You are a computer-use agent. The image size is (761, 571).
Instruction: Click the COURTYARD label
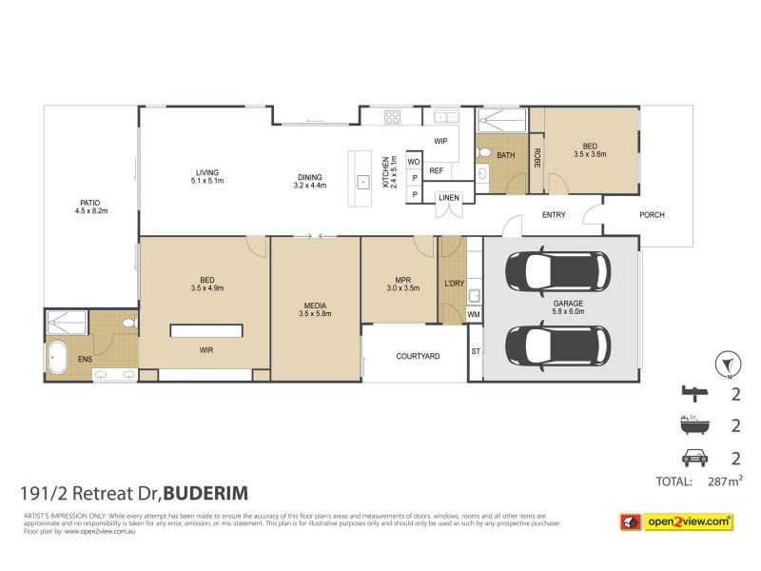point(417,356)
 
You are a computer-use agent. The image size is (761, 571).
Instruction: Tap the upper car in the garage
point(556,271)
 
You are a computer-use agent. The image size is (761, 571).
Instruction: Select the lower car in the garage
point(556,345)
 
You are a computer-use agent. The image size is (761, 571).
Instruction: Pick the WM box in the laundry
point(473,314)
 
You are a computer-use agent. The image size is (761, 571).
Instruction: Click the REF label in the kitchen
point(437,171)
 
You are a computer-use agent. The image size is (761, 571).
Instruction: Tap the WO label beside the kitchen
point(414,162)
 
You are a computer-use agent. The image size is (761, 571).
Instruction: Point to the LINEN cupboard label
point(450,198)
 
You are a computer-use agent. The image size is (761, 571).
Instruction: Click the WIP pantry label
point(440,141)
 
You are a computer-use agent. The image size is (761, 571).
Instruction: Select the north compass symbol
point(727,364)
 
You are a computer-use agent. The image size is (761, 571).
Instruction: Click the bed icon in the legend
point(696,392)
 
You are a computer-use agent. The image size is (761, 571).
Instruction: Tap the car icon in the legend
point(696,457)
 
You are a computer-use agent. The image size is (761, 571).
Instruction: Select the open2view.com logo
point(676,521)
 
